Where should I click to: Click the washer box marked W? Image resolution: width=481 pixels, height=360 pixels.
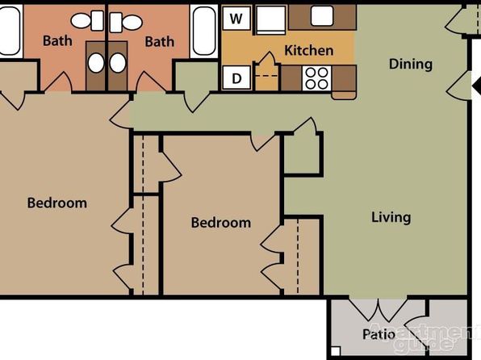(x=236, y=19)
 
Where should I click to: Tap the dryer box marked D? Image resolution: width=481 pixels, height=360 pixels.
(x=236, y=78)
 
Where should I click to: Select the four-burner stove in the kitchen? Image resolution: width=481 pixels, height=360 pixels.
(x=316, y=78)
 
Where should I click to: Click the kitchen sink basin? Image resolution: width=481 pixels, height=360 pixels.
(x=322, y=16)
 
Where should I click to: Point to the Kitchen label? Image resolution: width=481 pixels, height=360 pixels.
(x=308, y=50)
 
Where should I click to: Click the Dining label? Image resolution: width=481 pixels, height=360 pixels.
(x=411, y=64)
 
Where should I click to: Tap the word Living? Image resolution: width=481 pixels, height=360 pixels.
(x=391, y=217)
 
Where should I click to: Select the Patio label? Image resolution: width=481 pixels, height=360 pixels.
(x=379, y=334)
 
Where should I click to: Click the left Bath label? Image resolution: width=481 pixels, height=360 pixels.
(x=57, y=41)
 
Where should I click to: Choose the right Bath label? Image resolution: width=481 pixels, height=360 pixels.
(x=160, y=42)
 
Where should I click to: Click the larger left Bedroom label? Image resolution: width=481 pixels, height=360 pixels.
(x=57, y=203)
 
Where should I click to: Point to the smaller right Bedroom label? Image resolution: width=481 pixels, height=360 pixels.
(x=221, y=223)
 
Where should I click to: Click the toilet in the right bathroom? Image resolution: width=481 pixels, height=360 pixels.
(x=126, y=23)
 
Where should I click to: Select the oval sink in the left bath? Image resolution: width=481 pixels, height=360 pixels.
(x=96, y=63)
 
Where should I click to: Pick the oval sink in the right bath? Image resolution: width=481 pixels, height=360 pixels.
(x=118, y=63)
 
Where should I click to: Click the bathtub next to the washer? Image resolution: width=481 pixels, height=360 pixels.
(x=203, y=31)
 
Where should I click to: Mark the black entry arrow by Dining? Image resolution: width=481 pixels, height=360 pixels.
(x=476, y=86)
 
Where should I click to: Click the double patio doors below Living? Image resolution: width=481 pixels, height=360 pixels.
(x=379, y=309)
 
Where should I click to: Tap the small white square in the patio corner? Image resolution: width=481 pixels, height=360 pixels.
(x=336, y=351)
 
